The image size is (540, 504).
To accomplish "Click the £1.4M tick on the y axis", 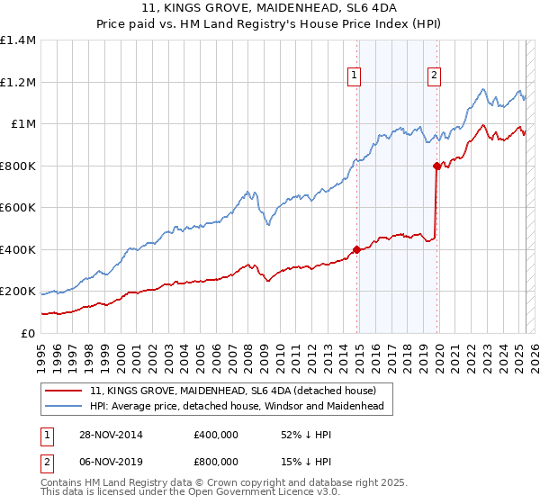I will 18,40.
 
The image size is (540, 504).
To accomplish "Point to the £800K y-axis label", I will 18,166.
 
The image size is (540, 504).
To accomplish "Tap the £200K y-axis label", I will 18,292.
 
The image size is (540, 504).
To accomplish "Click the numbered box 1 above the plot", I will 355,76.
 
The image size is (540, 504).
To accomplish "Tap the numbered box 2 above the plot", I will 434,76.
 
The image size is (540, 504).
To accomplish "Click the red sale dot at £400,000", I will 357,249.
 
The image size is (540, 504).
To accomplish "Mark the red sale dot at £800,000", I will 436,166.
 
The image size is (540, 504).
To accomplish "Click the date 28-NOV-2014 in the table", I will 110,435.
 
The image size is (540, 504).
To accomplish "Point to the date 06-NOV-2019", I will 110,461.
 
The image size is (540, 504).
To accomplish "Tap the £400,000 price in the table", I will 216,435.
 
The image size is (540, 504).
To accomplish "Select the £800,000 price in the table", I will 216,461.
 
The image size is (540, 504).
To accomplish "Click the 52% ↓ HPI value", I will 301,435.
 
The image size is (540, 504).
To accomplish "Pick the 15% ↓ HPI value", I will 301,461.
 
